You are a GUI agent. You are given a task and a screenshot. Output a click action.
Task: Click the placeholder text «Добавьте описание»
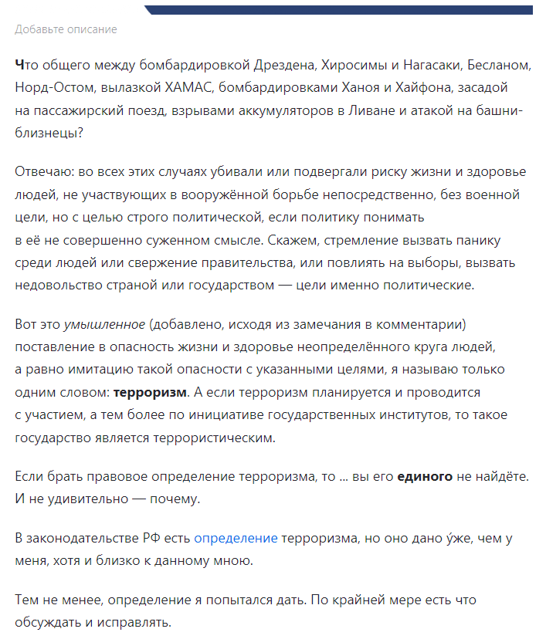(66, 29)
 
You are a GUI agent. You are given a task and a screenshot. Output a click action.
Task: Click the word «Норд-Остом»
(46, 87)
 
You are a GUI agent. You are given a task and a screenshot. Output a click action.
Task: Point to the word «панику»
(486, 240)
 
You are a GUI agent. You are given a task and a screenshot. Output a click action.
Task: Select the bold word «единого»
(425, 476)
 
